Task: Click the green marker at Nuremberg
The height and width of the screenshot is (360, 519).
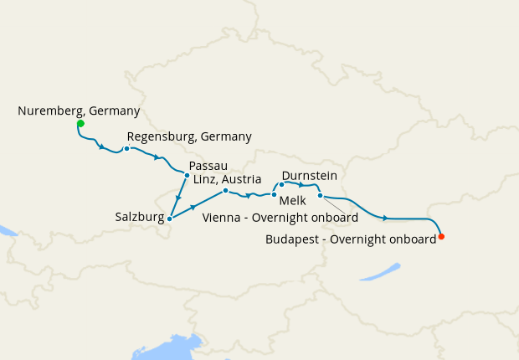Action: point(80,124)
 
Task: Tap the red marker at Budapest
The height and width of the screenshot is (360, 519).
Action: point(441,236)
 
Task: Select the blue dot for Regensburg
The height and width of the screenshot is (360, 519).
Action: point(126,149)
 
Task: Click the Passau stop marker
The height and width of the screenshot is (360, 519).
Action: point(186,175)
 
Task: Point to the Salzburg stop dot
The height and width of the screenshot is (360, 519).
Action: point(170,219)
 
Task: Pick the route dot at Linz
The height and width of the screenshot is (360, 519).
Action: point(225,191)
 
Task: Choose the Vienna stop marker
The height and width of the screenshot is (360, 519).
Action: point(320,195)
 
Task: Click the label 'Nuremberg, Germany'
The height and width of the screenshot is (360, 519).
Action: point(79,111)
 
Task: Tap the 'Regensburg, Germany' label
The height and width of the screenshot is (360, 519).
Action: point(189,136)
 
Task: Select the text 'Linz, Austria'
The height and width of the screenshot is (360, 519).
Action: point(230,179)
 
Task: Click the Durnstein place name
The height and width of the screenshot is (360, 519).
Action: point(310,176)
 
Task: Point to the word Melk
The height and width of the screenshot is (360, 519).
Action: point(292,202)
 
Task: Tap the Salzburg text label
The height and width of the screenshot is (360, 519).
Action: point(139,217)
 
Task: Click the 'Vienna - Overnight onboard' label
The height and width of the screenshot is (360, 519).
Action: point(280,218)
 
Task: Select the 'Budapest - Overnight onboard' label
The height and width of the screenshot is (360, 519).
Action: point(350,239)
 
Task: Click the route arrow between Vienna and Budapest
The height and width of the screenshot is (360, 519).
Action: point(385,219)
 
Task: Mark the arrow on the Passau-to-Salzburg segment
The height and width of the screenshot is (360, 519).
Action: point(178,198)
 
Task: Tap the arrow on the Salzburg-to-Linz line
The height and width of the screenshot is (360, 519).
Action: point(194,207)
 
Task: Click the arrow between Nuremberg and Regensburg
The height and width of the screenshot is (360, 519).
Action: point(101,148)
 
